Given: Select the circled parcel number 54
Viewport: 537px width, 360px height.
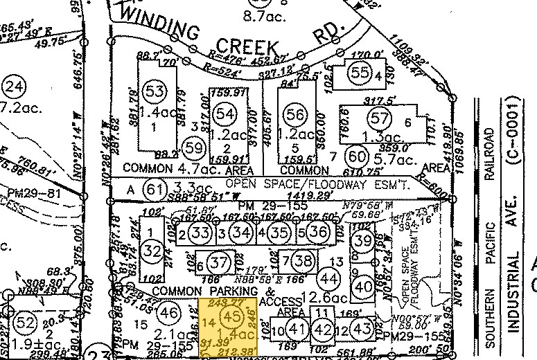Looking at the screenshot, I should click(x=225, y=114).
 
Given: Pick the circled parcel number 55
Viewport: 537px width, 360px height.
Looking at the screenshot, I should click(x=360, y=72).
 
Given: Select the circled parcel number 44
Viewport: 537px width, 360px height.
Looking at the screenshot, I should click(x=330, y=278).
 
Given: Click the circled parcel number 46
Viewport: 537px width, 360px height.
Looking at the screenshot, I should click(x=168, y=312).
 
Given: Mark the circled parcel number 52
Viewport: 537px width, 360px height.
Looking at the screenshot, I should click(x=25, y=323).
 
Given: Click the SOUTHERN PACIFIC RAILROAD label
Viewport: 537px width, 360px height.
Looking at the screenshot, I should click(x=491, y=228).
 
